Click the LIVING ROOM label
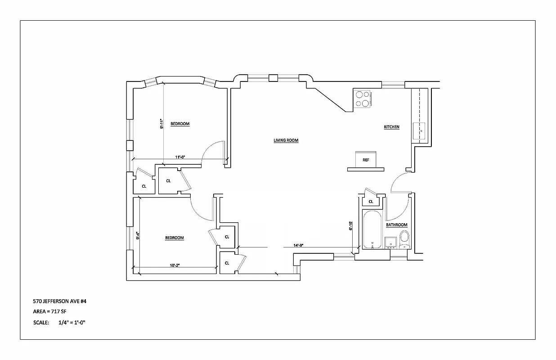(x=286, y=140)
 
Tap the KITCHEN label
(x=391, y=127)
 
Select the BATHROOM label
(x=396, y=225)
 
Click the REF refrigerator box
(x=366, y=159)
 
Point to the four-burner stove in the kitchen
(x=363, y=99)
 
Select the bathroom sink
(x=390, y=242)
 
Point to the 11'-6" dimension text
(x=180, y=157)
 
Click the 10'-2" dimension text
(x=175, y=265)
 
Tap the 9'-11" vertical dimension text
(x=161, y=124)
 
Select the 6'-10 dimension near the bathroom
(x=350, y=225)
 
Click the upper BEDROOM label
(x=180, y=124)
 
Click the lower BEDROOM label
(x=174, y=238)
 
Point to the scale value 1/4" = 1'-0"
(x=72, y=323)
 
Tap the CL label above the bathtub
(x=371, y=202)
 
